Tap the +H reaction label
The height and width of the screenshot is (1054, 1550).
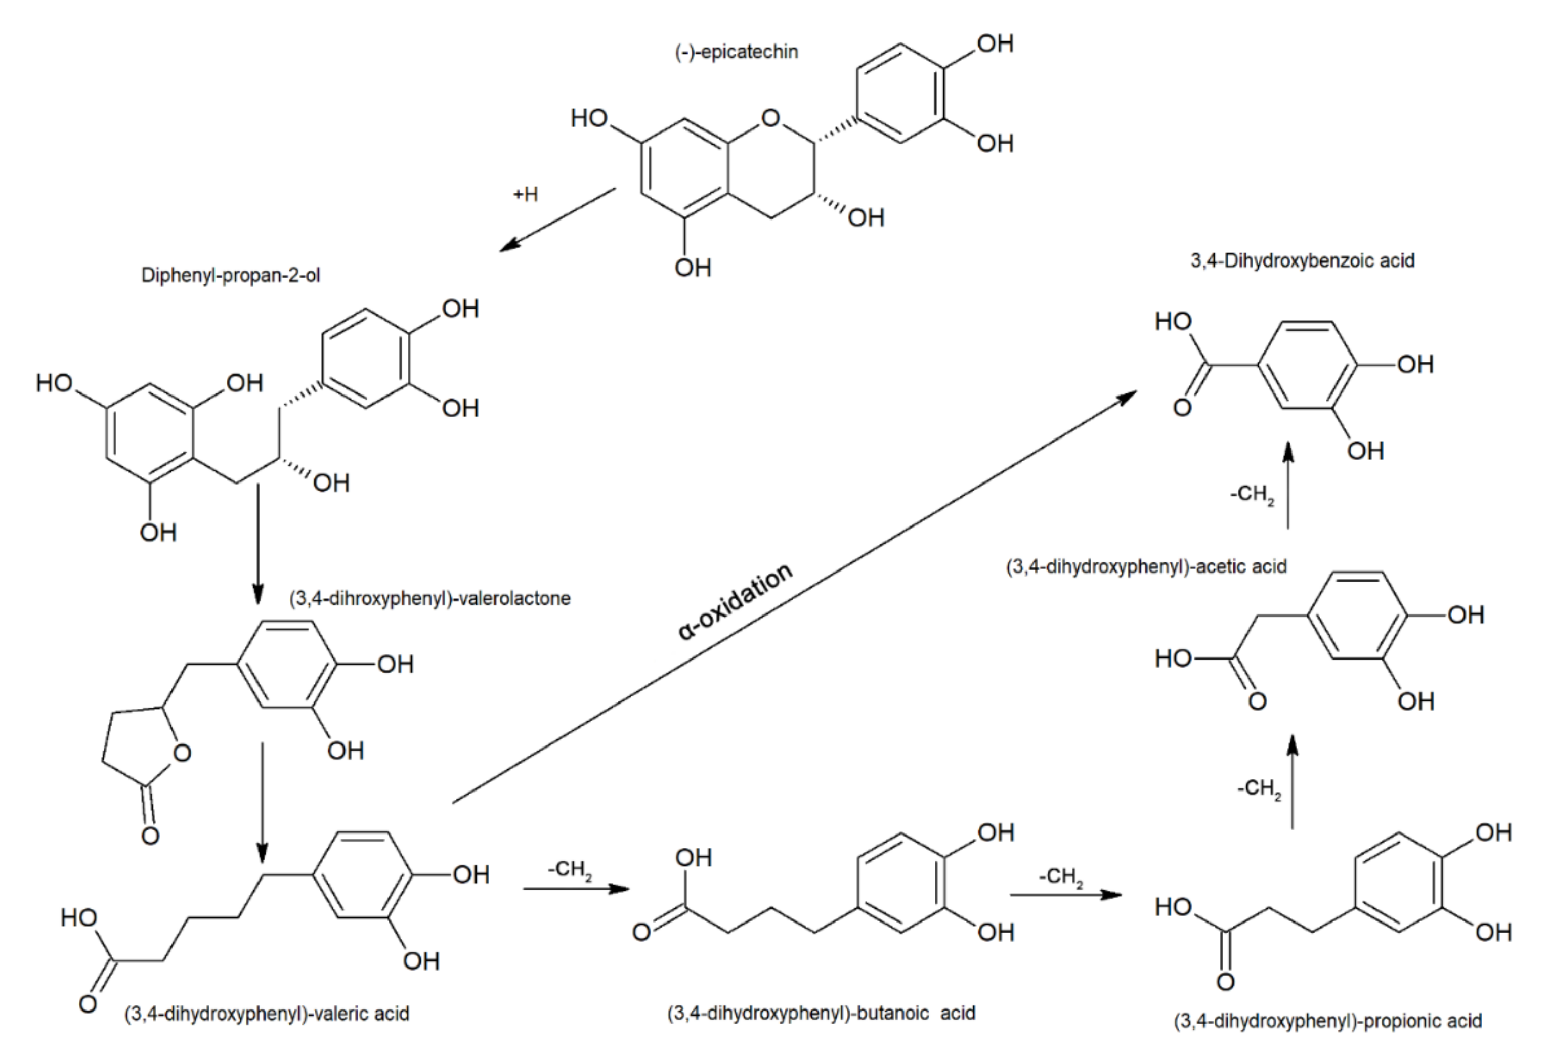tap(526, 195)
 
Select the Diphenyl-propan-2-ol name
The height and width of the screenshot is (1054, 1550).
tap(230, 275)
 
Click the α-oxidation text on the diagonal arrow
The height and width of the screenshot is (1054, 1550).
tap(736, 602)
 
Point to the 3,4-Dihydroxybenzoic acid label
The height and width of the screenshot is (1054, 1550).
tap(1302, 260)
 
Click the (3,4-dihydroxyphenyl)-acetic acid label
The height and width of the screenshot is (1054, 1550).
tap(1146, 566)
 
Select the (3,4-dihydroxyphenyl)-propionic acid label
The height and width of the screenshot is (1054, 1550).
tap(1327, 1021)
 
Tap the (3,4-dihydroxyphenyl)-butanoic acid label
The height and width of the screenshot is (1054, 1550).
tap(821, 1014)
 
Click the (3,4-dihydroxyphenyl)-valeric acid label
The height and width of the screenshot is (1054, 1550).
tap(267, 1014)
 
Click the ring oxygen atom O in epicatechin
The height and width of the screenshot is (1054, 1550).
tap(771, 119)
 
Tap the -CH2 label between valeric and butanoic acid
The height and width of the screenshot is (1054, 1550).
tap(570, 870)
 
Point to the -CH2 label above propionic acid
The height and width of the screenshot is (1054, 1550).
tap(1259, 788)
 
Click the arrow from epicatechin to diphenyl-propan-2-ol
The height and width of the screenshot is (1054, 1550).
tap(557, 219)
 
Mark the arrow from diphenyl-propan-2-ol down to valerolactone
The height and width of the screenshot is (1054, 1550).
tap(258, 543)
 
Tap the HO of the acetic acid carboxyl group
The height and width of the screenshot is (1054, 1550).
tap(1173, 658)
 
